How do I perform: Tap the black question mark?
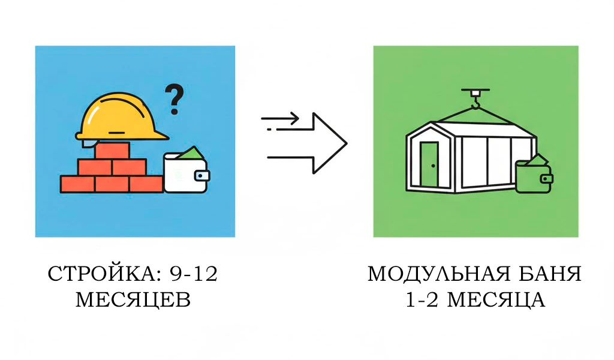[x=174, y=100]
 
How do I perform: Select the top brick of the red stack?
[x=112, y=150]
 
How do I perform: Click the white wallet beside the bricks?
[x=185, y=175]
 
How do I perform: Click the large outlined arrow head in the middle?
[x=329, y=143]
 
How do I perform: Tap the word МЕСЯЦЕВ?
[x=133, y=299]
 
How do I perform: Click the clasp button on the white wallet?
[x=203, y=176]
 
